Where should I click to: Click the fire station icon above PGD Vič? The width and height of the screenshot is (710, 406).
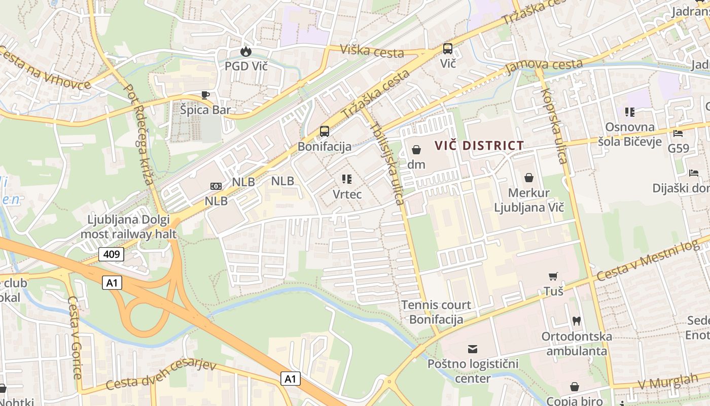[246, 51]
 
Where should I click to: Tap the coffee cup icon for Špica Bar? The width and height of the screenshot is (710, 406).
[205, 95]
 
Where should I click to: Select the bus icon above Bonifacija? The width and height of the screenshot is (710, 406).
[325, 131]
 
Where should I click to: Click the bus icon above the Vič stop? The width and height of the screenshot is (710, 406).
[448, 49]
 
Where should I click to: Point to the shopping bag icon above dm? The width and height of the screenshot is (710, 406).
[416, 150]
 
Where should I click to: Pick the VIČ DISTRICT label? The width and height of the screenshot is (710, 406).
[479, 146]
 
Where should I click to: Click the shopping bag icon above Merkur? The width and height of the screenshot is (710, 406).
[529, 178]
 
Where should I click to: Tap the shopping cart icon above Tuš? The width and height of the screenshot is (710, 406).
[553, 277]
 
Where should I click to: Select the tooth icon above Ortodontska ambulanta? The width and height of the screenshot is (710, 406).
[576, 321]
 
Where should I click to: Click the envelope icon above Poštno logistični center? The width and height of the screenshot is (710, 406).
[473, 349]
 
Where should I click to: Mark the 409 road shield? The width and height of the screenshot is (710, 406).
[111, 254]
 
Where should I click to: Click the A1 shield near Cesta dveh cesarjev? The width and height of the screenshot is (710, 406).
[290, 379]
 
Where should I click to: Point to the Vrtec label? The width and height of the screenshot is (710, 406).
[347, 194]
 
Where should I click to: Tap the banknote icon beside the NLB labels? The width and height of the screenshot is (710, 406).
[216, 186]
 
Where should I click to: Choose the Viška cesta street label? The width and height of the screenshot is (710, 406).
[372, 51]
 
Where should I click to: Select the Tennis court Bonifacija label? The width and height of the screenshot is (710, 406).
[436, 312]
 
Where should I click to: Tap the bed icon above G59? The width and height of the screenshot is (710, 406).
[678, 133]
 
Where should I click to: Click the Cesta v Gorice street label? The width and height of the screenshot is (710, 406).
[75, 337]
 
